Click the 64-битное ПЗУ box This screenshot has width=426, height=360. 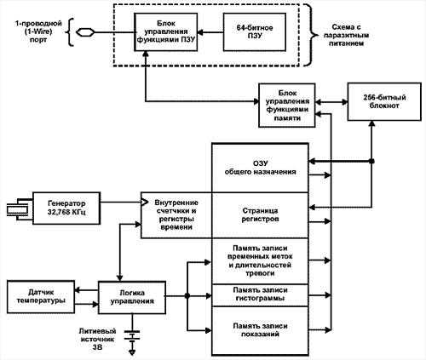click(255, 32)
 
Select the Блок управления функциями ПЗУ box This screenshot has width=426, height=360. click(166, 32)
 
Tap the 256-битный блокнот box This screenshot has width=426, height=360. click(384, 102)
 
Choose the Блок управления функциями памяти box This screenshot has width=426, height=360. click(287, 106)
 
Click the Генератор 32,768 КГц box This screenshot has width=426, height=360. click(66, 209)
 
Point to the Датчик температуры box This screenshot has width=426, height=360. click(41, 297)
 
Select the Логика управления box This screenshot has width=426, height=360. click(132, 297)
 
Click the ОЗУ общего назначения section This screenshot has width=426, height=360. click(260, 168)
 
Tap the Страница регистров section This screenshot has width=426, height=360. click(260, 215)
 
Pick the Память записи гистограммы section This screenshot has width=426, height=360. click(260, 294)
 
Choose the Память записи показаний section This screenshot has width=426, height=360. click(260, 331)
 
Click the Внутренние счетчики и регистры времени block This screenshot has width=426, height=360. click(176, 215)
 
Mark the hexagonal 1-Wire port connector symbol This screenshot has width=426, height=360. click(85, 32)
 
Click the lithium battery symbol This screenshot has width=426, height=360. click(132, 334)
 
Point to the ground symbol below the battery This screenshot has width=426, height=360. click(132, 352)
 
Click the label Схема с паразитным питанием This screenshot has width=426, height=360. click(346, 36)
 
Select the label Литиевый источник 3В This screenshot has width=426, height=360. click(97, 339)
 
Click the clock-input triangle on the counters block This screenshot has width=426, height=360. click(145, 203)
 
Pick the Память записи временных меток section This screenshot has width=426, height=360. click(260, 261)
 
